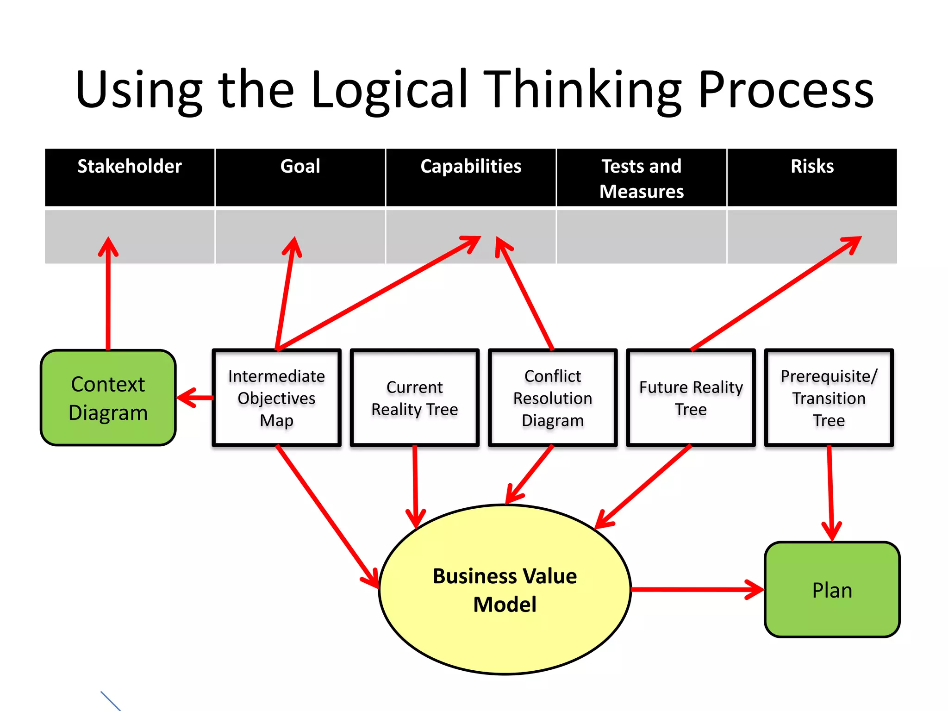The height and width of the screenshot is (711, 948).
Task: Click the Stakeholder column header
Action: (x=130, y=177)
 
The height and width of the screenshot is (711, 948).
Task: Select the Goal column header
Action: (x=300, y=177)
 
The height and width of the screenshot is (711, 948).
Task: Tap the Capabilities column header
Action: (x=471, y=177)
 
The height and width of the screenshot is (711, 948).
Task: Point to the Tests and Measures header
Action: (x=641, y=178)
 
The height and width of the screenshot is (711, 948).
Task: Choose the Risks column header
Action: (x=812, y=177)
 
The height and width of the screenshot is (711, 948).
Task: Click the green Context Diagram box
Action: (x=108, y=398)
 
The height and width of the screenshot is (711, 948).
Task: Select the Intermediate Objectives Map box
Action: (x=276, y=398)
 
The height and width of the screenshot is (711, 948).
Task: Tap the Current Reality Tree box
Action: (x=414, y=398)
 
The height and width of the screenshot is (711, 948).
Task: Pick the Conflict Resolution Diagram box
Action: (x=553, y=398)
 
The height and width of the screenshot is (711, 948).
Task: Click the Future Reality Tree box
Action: (x=691, y=398)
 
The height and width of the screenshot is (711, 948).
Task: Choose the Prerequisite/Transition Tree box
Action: (x=829, y=398)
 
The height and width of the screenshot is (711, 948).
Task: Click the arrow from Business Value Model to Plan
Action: (x=694, y=589)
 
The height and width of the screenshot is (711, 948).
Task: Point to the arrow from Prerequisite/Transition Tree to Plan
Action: (x=830, y=491)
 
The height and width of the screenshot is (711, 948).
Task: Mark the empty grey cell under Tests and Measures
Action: (x=641, y=237)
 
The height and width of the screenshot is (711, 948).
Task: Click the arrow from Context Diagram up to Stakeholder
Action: (x=108, y=296)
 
